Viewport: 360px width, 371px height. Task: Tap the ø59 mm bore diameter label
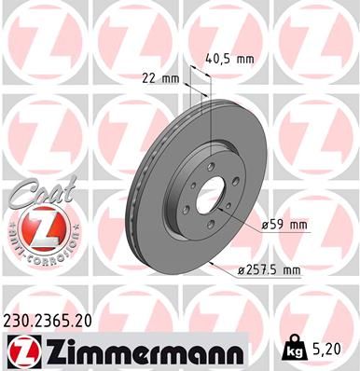285,225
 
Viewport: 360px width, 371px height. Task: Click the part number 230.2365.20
57,321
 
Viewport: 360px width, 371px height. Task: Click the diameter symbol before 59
266,225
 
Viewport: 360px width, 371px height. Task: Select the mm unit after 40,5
245,58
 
